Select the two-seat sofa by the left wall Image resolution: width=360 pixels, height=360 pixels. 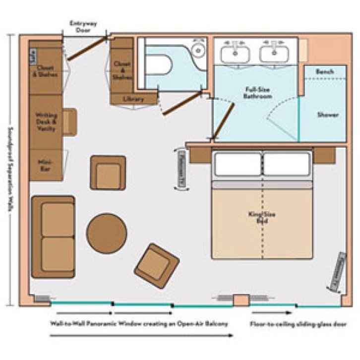53,237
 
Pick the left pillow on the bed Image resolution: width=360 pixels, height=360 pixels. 237,164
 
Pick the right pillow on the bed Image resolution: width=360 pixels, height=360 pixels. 287,164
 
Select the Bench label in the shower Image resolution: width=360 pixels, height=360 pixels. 325,72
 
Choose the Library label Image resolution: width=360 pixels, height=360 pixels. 133,99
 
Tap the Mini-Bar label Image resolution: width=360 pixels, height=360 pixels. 46,165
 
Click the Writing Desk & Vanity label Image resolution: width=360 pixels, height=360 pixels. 46,122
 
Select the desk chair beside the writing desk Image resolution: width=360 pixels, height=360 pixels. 69,122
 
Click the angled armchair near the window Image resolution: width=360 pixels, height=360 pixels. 157,266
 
